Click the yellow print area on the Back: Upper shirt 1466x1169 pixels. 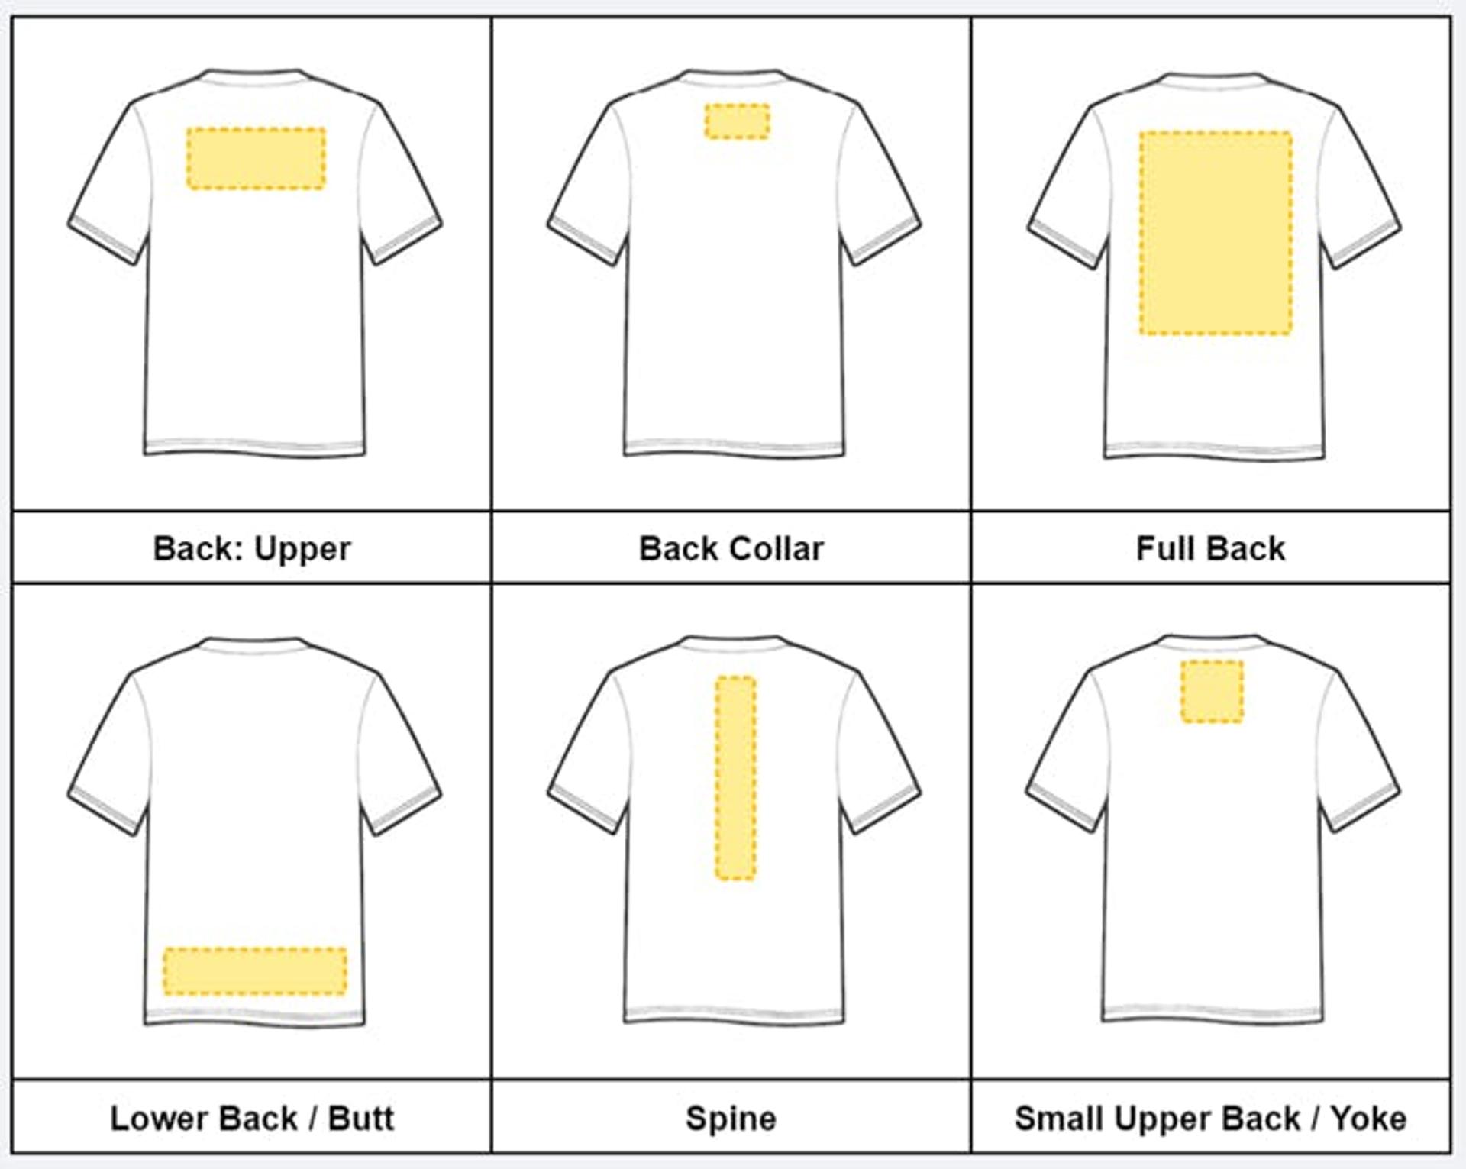click(x=256, y=158)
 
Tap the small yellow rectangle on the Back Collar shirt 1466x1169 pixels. click(x=737, y=121)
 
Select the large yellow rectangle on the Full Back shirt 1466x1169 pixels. click(x=1216, y=233)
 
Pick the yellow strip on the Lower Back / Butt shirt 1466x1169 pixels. click(x=255, y=971)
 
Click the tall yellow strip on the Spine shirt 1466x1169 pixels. click(x=735, y=777)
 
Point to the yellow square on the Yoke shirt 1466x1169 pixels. click(x=1212, y=691)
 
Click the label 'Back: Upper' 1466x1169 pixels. click(x=252, y=548)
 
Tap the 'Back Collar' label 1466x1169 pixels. click(x=731, y=548)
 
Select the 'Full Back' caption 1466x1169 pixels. click(x=1210, y=548)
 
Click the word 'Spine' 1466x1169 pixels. click(x=731, y=1118)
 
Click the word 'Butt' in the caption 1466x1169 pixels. click(x=361, y=1118)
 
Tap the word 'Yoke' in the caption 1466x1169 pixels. click(x=1368, y=1118)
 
